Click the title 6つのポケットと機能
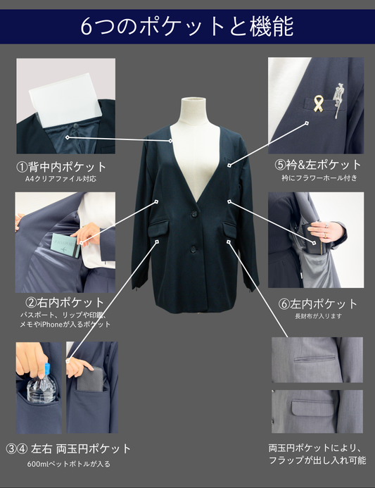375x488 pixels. click(x=187, y=27)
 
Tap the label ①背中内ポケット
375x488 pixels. click(x=61, y=167)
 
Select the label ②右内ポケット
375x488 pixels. click(x=65, y=302)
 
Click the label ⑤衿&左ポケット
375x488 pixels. click(x=317, y=165)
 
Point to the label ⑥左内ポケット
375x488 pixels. click(x=317, y=304)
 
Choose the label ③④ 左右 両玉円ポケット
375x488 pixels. click(x=68, y=449)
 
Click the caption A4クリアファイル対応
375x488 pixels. click(x=61, y=179)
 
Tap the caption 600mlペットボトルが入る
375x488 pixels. click(x=69, y=464)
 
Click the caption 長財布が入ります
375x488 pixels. click(x=319, y=316)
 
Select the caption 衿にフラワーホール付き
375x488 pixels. click(x=319, y=178)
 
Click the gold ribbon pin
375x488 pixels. click(x=318, y=104)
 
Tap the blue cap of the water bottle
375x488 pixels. click(x=47, y=369)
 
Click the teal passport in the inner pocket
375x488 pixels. click(x=65, y=246)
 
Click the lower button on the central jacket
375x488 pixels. click(x=193, y=249)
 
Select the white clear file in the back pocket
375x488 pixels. click(x=67, y=99)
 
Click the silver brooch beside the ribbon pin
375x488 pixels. click(x=338, y=99)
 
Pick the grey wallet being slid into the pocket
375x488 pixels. click(x=91, y=379)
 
